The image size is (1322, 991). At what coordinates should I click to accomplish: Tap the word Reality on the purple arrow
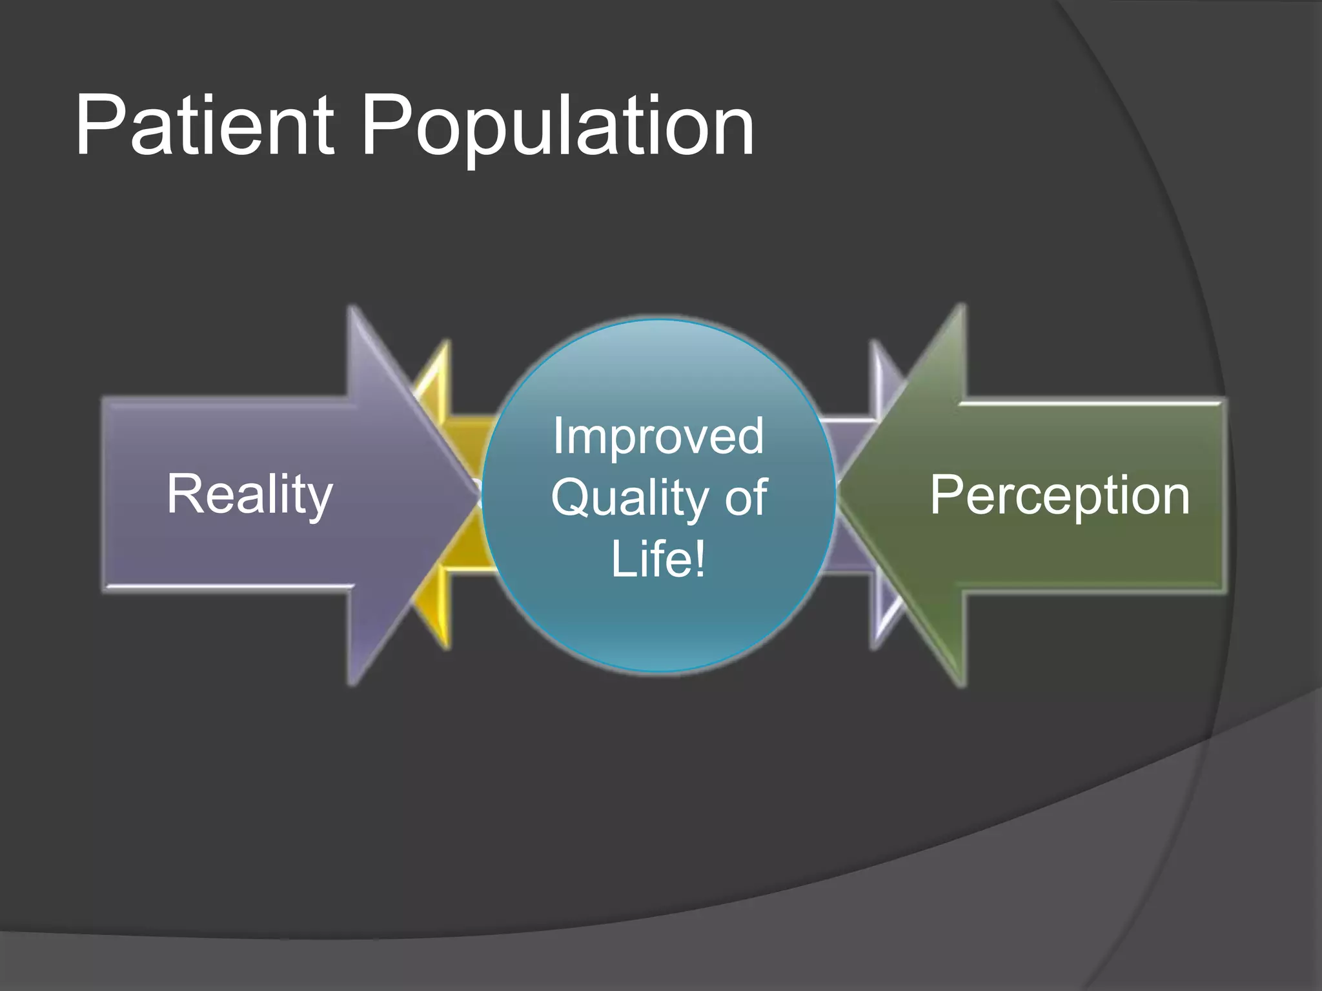tap(249, 494)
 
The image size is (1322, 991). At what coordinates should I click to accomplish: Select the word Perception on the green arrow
tap(1060, 495)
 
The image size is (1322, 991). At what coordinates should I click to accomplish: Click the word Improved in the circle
tap(658, 436)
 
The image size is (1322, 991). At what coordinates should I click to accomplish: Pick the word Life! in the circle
tap(658, 559)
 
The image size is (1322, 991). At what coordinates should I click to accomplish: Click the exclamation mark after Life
tap(699, 559)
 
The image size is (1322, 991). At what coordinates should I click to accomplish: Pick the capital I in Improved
tap(557, 436)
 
